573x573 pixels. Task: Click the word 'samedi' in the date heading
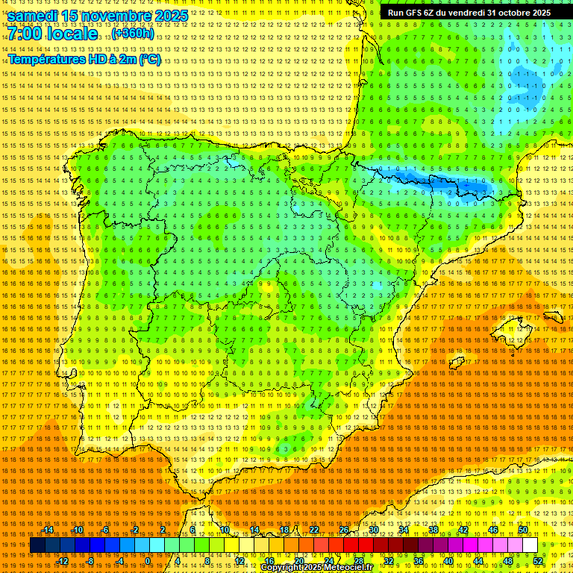point(35,15)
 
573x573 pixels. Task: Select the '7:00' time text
point(25,34)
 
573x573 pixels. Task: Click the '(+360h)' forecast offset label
point(134,34)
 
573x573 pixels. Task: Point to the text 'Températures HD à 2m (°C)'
point(84,60)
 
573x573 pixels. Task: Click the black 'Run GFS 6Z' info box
point(469,13)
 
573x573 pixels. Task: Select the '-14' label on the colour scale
point(48,530)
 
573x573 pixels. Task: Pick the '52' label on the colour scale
point(538,560)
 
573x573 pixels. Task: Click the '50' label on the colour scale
point(523,530)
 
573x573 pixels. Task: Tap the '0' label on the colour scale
point(148,560)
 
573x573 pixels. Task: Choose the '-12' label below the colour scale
point(63,560)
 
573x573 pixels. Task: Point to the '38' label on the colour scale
point(433,530)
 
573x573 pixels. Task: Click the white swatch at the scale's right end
point(530,545)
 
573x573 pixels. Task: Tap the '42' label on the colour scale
point(463,530)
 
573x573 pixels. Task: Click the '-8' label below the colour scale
point(91,560)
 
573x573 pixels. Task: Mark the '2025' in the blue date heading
point(167,15)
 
